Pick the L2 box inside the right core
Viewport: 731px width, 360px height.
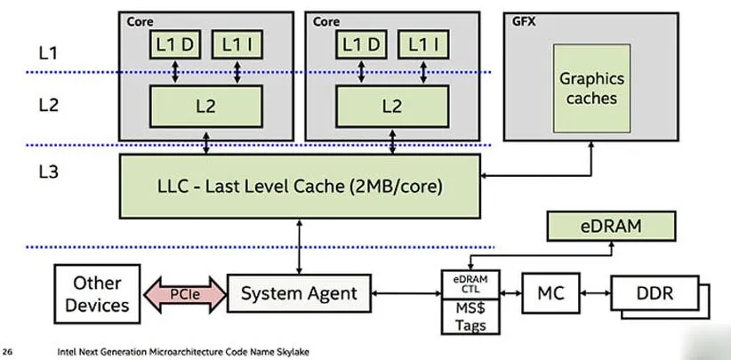tap(391, 106)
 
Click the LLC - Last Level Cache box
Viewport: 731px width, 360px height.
tap(299, 187)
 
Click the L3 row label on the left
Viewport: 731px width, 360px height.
tap(48, 173)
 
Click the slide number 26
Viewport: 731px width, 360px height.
tap(8, 351)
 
